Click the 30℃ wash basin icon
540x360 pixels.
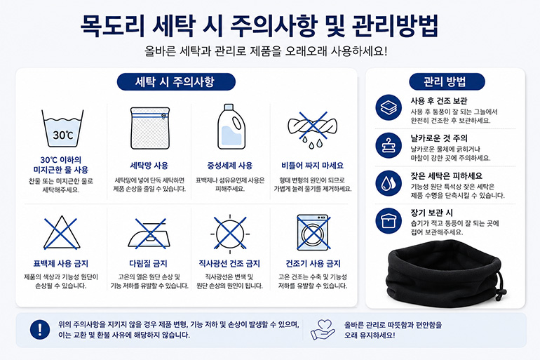(62, 129)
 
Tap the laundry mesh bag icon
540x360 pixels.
(150, 128)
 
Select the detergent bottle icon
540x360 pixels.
(231, 127)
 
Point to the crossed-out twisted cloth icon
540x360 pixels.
(312, 130)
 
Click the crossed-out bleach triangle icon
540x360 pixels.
(61, 233)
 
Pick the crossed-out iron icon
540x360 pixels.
(150, 234)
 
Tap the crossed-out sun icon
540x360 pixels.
(230, 234)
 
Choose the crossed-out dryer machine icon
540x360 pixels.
(313, 233)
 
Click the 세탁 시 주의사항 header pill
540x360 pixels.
(176, 82)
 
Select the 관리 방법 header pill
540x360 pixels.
(447, 82)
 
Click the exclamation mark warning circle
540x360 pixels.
(40, 330)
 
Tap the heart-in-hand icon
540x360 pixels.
(323, 330)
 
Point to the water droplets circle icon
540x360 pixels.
(389, 183)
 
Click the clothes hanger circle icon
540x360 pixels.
(389, 145)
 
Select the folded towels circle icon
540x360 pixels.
(389, 107)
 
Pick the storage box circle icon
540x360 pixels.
(389, 221)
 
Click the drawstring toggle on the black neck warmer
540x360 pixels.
(502, 292)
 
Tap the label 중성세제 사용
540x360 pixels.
(230, 166)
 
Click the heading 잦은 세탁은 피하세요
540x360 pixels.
(446, 176)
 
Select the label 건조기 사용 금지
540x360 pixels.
(313, 264)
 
